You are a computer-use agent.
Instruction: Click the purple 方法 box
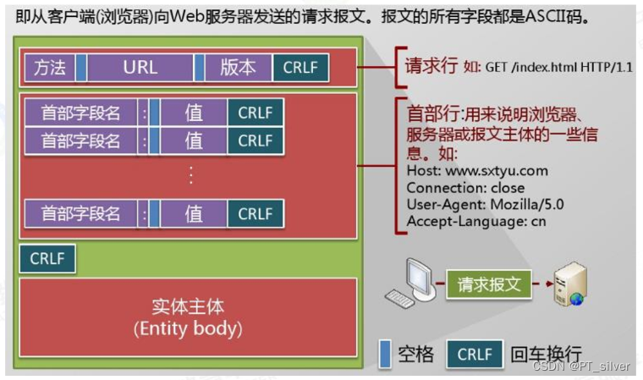click(x=49, y=67)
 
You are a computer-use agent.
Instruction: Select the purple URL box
click(x=140, y=67)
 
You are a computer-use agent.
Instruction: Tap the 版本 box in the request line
click(x=237, y=67)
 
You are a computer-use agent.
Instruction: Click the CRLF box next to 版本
click(x=300, y=67)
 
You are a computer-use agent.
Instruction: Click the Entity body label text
click(x=188, y=328)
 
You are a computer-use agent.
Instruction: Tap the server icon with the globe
click(x=569, y=284)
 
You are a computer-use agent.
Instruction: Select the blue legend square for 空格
click(x=385, y=353)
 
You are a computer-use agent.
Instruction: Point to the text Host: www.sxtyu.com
click(x=477, y=171)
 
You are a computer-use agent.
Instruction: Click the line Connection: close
click(x=465, y=188)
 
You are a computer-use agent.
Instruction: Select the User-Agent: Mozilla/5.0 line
click(x=485, y=205)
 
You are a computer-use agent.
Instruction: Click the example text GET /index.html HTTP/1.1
click(x=558, y=68)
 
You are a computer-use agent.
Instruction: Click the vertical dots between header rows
click(x=192, y=176)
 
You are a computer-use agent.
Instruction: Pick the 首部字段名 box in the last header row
click(x=80, y=213)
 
